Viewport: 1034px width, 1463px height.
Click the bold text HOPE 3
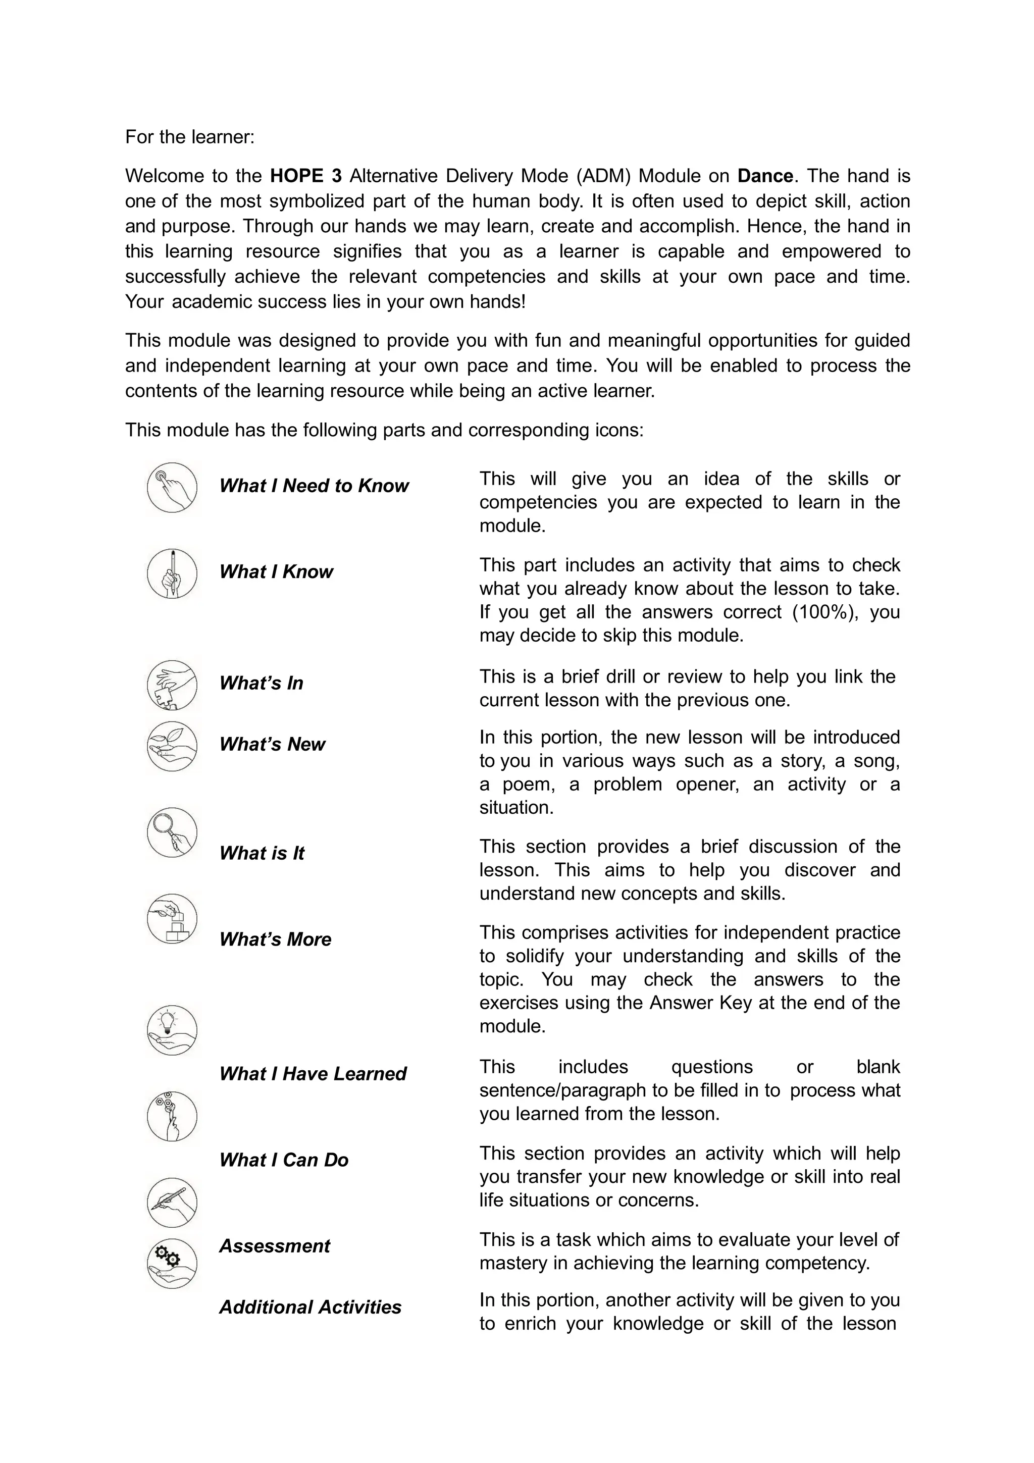306,176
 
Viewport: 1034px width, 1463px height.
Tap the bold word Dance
765,176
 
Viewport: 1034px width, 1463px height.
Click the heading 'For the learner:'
189,137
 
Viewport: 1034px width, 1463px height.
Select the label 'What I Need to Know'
314,486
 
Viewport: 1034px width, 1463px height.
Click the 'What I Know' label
276,572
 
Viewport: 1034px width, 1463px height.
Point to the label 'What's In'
261,683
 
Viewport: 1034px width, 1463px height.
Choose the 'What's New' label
272,744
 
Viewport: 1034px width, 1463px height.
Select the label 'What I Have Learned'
312,1074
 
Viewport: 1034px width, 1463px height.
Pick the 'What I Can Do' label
284,1160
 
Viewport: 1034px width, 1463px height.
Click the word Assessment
275,1246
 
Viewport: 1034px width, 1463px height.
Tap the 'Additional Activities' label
311,1307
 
